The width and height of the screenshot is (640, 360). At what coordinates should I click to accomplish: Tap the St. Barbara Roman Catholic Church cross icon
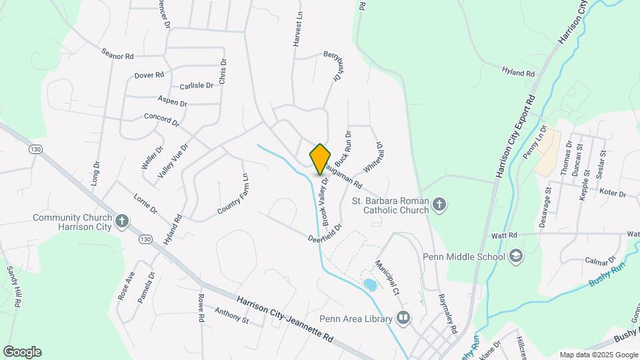[439, 205]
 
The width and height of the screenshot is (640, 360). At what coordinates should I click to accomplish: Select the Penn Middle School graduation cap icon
[515, 256]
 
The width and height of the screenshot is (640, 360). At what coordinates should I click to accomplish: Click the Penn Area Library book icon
[403, 319]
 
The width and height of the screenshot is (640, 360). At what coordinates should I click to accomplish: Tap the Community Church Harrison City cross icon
[121, 221]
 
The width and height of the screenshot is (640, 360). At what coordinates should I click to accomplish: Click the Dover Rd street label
[149, 75]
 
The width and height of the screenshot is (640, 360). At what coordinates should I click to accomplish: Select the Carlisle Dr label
[196, 86]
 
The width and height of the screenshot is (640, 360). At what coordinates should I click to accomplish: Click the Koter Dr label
[613, 194]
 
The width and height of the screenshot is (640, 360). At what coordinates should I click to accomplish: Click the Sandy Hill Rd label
[13, 286]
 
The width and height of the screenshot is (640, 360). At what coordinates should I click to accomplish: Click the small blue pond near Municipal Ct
[369, 285]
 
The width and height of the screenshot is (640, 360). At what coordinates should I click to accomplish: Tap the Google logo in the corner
[22, 352]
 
